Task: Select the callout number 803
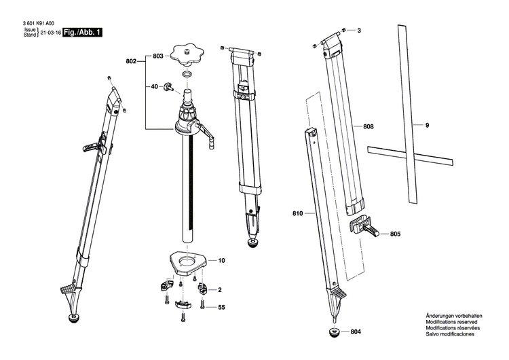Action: pyautogui.click(x=157, y=56)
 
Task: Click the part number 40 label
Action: pyautogui.click(x=154, y=86)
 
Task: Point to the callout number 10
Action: pyautogui.click(x=221, y=261)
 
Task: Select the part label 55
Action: pyautogui.click(x=221, y=308)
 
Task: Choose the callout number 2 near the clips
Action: pyautogui.click(x=219, y=289)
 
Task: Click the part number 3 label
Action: pyautogui.click(x=359, y=31)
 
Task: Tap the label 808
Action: pyautogui.click(x=368, y=127)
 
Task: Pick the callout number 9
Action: pyautogui.click(x=428, y=125)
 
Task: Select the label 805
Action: pyautogui.click(x=395, y=234)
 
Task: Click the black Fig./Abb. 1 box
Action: pyautogui.click(x=82, y=32)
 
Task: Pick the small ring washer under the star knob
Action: pyautogui.click(x=187, y=73)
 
